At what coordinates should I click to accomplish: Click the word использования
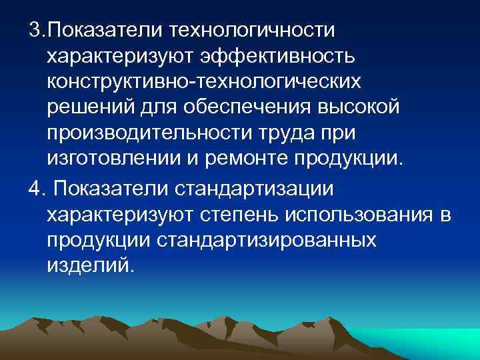click(361, 214)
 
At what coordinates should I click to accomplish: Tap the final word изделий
click(89, 265)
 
